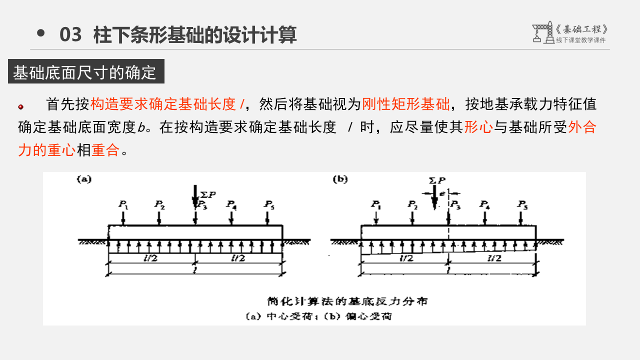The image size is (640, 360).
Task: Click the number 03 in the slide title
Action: (70, 35)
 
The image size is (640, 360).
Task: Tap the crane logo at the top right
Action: (542, 33)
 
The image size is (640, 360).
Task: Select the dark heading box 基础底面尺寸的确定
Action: (85, 72)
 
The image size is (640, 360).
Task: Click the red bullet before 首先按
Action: (21, 106)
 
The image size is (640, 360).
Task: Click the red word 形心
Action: (478, 127)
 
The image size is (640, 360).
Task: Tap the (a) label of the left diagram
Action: (83, 179)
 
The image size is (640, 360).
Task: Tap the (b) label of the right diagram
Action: (340, 179)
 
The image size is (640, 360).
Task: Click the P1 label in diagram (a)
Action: (123, 204)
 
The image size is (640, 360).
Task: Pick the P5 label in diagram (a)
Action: (269, 204)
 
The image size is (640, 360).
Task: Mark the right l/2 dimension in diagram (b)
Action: (494, 258)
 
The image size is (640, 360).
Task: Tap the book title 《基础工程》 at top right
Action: (582, 29)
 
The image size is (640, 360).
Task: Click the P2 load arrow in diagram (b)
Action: (412, 217)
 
